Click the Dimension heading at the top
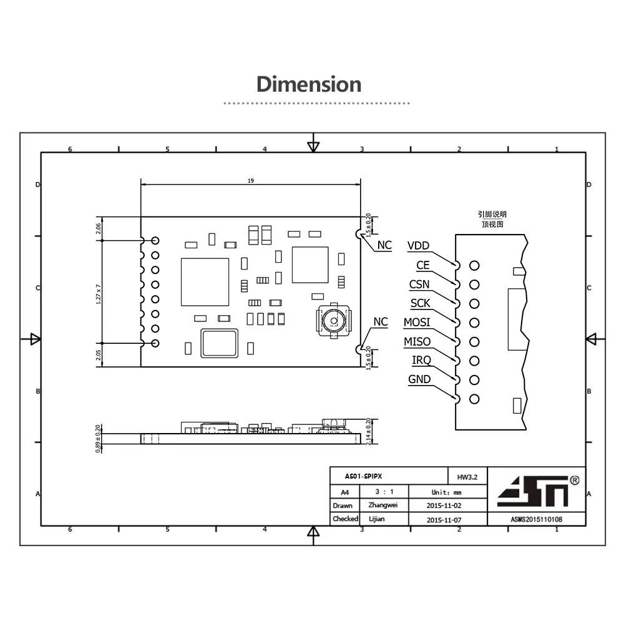309,84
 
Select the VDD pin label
418,246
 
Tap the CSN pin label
419,285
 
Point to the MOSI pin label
416,323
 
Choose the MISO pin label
417,341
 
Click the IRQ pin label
421,361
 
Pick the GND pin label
419,379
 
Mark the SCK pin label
420,304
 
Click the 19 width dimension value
251,180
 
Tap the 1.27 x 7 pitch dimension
99,292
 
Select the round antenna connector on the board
334,321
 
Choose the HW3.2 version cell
467,477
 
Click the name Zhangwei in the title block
383,505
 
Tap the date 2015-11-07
447,519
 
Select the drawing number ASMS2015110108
536,519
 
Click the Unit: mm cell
447,492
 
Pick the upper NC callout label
384,245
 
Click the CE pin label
423,265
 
